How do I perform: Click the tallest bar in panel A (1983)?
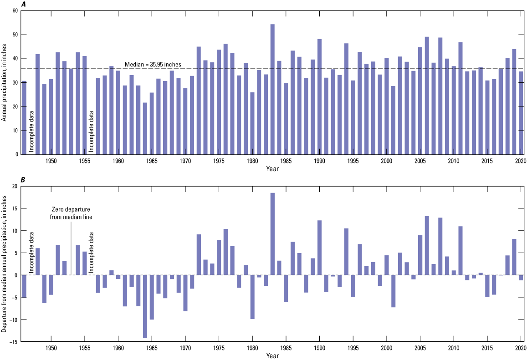(272, 89)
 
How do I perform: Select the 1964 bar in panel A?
(145, 128)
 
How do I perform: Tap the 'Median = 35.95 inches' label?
(153, 65)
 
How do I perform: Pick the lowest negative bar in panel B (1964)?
(145, 306)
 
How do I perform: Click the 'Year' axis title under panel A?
(273, 169)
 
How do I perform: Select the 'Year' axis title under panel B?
(273, 356)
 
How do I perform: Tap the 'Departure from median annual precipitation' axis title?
(4, 263)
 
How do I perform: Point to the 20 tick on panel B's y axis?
(15, 186)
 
